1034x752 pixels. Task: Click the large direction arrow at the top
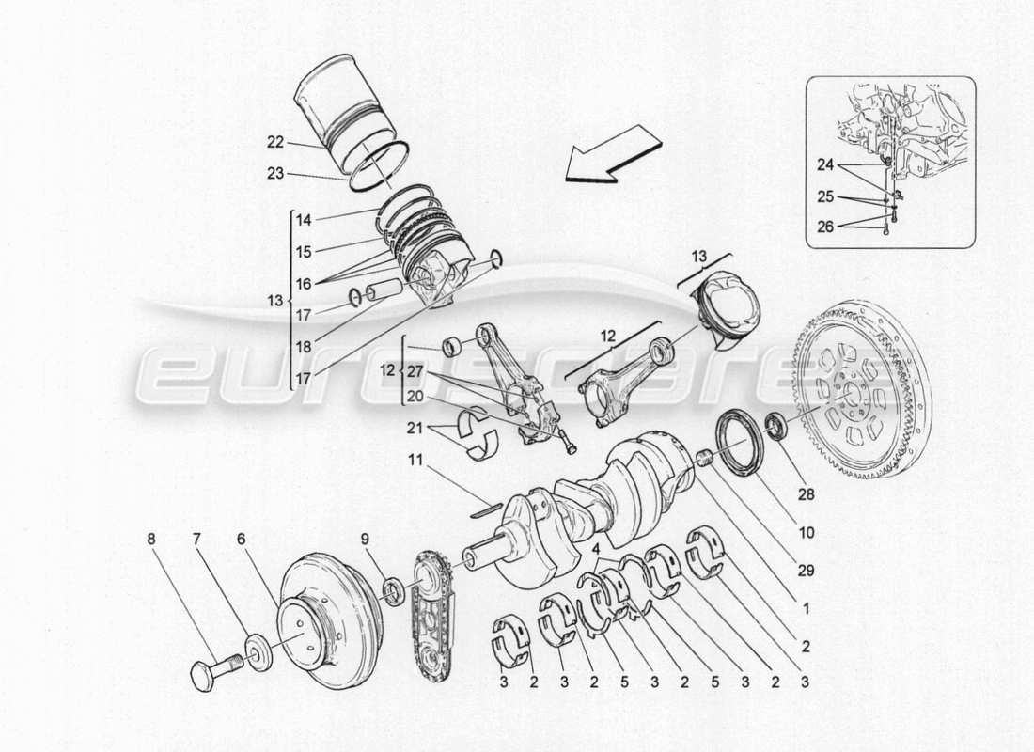pyautogui.click(x=611, y=156)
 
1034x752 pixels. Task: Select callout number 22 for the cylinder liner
pyautogui.click(x=274, y=143)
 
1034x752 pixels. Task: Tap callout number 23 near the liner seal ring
pyautogui.click(x=274, y=173)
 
